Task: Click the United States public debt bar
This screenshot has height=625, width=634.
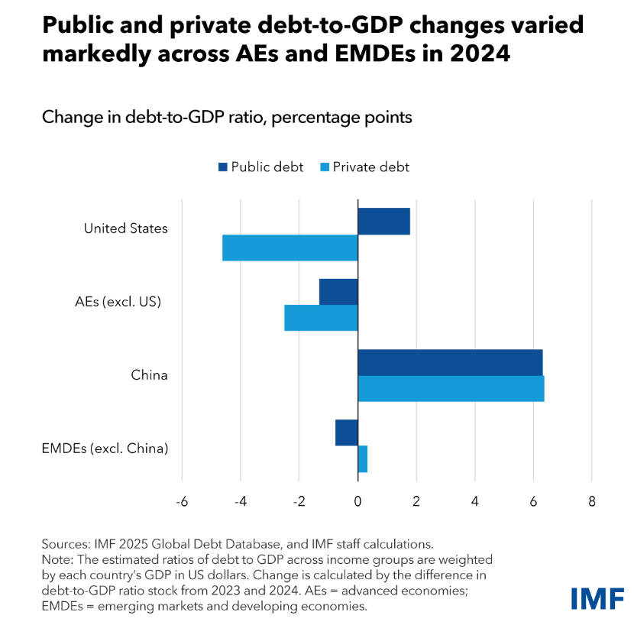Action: click(383, 222)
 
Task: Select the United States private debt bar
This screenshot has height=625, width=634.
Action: click(290, 248)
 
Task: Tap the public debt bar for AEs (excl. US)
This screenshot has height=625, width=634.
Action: click(338, 292)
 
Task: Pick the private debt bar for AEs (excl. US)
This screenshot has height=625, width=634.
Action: click(321, 318)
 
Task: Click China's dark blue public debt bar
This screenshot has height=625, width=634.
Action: click(450, 362)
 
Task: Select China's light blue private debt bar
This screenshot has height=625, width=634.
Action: click(451, 388)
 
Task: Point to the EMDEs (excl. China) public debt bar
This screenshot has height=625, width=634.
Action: click(346, 432)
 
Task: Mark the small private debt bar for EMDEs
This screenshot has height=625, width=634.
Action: click(363, 458)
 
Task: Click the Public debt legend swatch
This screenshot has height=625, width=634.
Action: click(224, 167)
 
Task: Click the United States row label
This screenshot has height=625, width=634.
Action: click(125, 228)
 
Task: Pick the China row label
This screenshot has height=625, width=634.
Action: click(149, 375)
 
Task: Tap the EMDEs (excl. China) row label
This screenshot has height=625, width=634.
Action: click(105, 449)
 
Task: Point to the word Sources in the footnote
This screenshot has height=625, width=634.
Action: click(64, 544)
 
